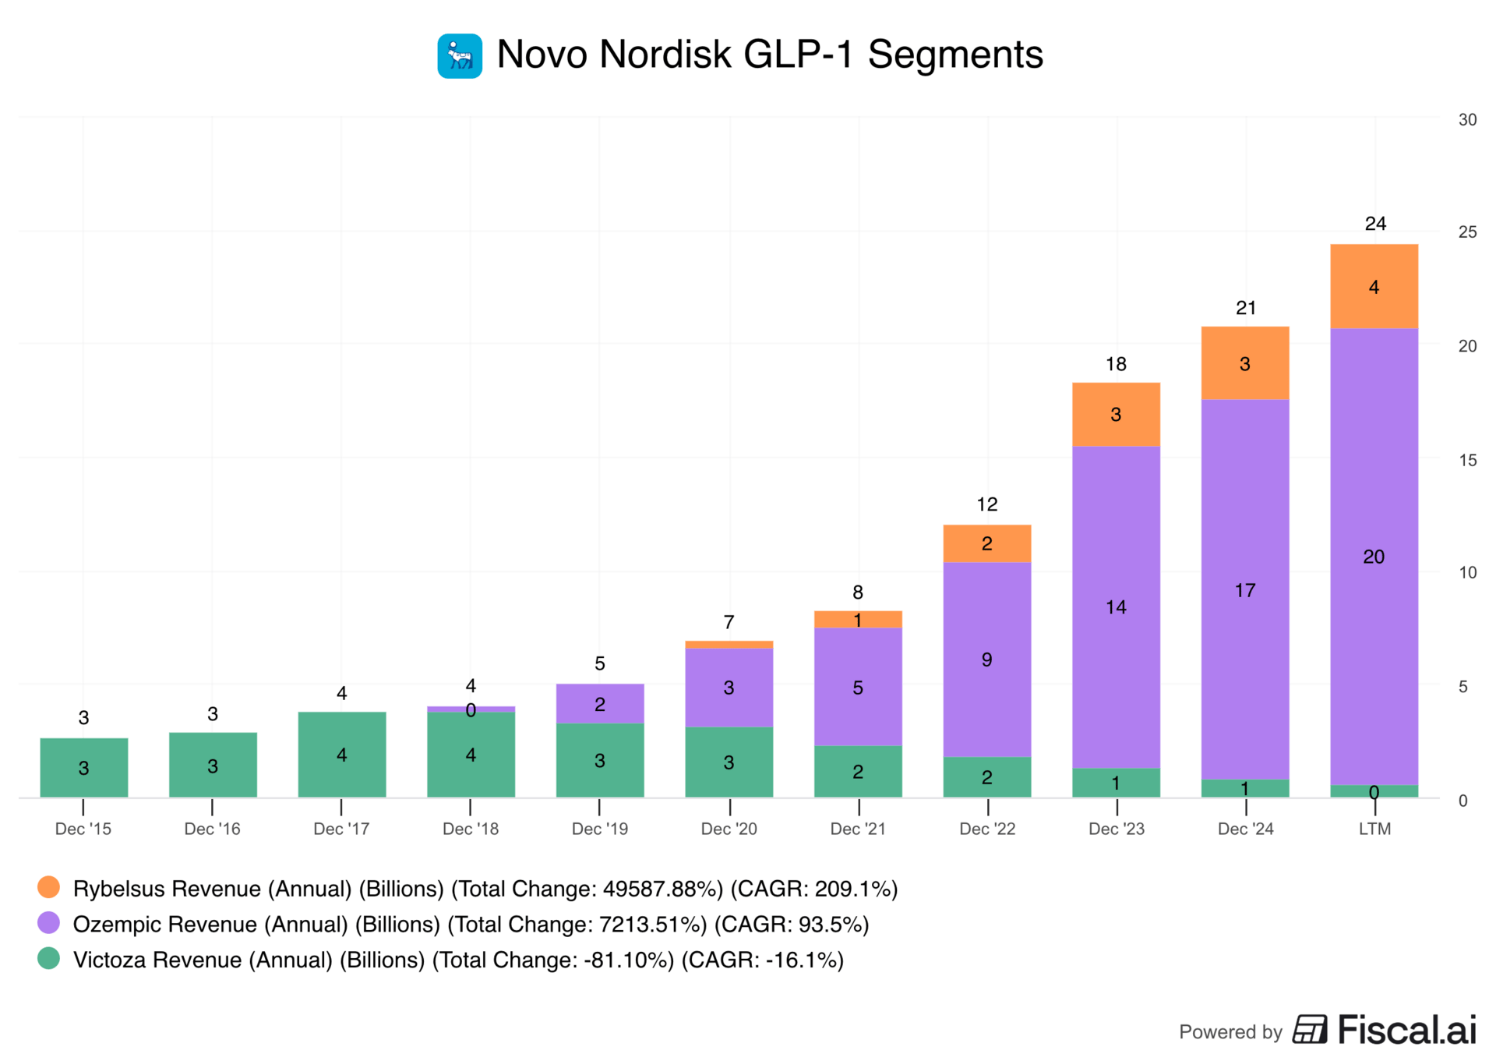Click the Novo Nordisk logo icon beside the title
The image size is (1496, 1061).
tap(459, 56)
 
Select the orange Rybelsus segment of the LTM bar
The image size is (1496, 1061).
tap(1373, 286)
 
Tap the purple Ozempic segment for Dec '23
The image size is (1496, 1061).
tap(1115, 607)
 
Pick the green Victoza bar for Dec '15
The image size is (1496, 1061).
tap(83, 767)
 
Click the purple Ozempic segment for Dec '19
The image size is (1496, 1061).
tap(599, 703)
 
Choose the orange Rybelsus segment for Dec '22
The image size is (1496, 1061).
tap(986, 543)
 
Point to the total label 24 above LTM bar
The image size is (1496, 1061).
tap(1375, 224)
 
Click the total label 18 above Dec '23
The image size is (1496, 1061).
tap(1116, 364)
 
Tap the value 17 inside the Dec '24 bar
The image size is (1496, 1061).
tap(1244, 590)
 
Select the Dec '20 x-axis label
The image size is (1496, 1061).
tap(729, 829)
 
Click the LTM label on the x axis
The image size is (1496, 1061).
tap(1374, 829)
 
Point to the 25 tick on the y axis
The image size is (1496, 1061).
tap(1467, 232)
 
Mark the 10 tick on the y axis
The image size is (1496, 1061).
tap(1467, 573)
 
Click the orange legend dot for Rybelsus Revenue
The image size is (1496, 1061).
tap(48, 887)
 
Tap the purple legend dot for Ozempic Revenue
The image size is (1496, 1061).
tap(48, 923)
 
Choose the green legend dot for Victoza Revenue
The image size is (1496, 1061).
tap(48, 958)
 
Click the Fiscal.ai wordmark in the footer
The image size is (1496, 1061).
tap(1406, 1030)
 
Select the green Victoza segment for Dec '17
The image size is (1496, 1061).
tap(341, 754)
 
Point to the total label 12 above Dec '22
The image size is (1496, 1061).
tap(986, 504)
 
